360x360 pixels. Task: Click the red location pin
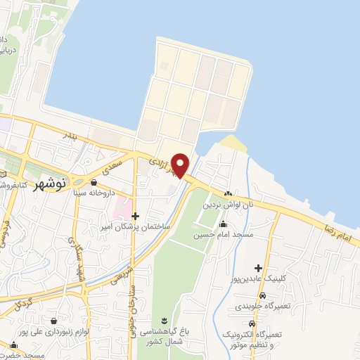[180, 165]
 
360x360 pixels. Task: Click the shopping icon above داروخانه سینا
[94, 182]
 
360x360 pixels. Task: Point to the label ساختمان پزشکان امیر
[136, 228]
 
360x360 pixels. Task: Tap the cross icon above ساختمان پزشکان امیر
[136, 217]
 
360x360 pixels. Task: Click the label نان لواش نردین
[227, 205]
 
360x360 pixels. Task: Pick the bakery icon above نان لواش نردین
[228, 194]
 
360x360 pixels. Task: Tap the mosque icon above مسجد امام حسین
[224, 224]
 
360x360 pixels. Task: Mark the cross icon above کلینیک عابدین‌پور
[259, 268]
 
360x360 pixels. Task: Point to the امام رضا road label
[340, 233]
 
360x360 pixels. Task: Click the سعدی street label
[112, 167]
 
